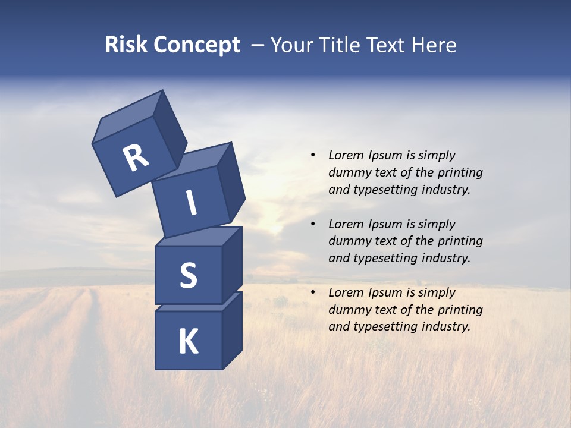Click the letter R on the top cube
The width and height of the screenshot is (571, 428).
point(136,158)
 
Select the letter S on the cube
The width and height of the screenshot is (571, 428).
point(188,275)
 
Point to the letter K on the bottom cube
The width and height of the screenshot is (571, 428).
point(188,342)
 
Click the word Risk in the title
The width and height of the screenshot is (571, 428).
point(126,45)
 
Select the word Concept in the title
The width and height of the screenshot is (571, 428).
point(197,45)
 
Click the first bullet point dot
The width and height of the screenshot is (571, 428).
point(313,155)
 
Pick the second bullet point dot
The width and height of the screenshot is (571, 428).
point(313,224)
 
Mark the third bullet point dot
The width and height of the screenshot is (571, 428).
point(313,292)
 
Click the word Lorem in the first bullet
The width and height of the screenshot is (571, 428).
point(345,155)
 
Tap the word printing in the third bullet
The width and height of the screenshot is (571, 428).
point(460,310)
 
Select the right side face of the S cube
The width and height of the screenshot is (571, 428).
point(232,265)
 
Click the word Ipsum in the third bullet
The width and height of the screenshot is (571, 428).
point(385,292)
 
